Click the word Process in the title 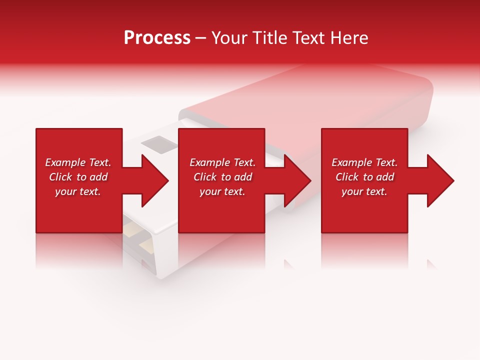point(157,38)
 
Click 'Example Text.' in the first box point(78,162)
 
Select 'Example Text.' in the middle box point(222,162)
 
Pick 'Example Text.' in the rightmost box point(364,162)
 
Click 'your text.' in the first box point(78,191)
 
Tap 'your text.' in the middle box point(222,191)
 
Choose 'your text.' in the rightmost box point(364,191)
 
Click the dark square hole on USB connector point(159,143)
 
